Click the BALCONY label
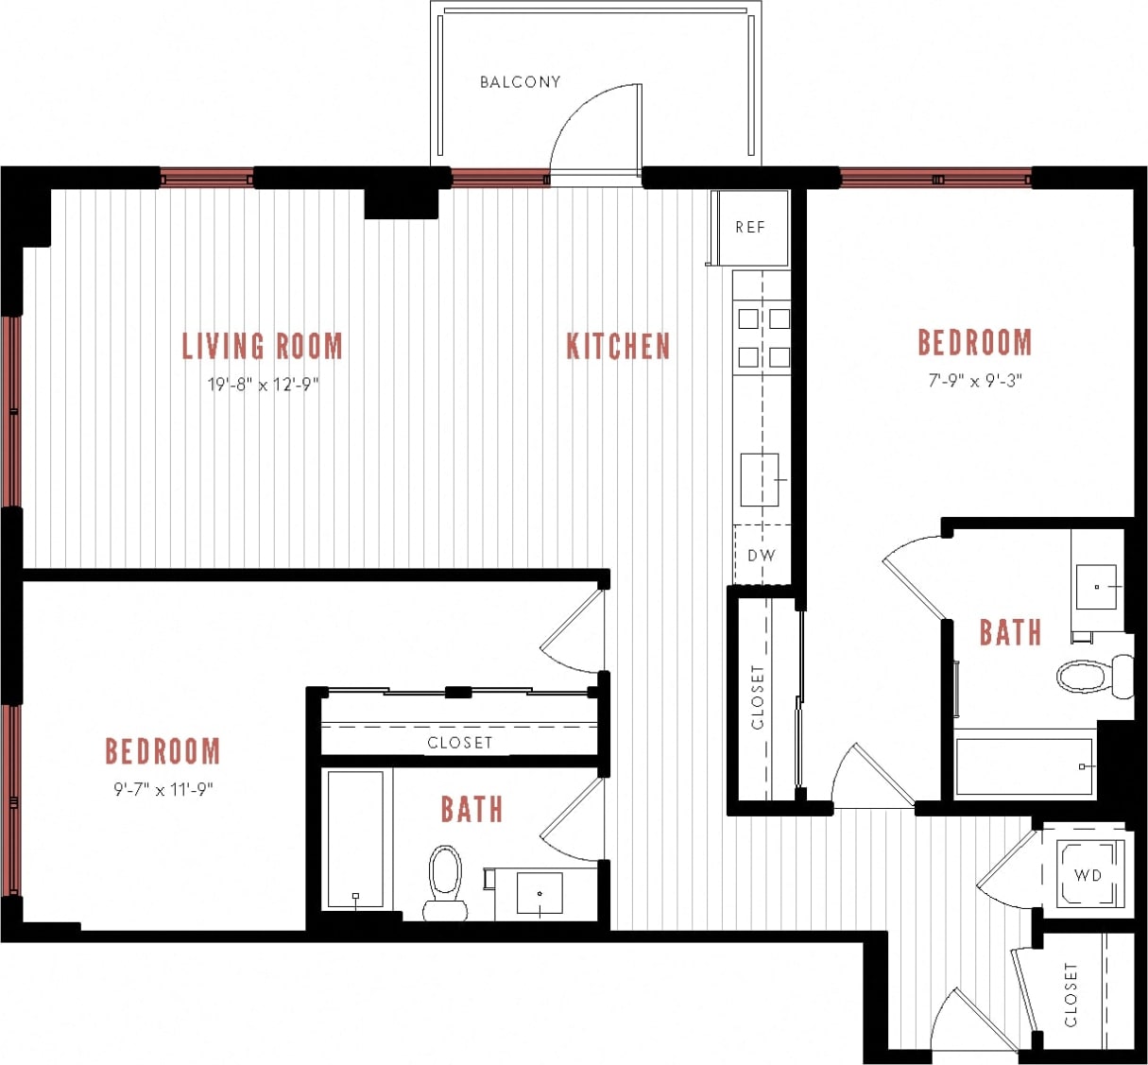click(x=520, y=82)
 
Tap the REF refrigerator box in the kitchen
click(x=750, y=228)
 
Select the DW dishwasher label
click(x=761, y=556)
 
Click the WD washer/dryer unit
click(x=1088, y=875)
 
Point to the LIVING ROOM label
click(x=262, y=346)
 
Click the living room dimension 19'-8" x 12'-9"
click(x=263, y=385)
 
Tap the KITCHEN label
click(x=618, y=346)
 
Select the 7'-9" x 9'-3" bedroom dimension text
click(x=975, y=381)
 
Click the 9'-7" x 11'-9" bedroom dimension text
click(x=163, y=789)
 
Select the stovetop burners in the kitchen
click(x=763, y=337)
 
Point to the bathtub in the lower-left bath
click(x=355, y=839)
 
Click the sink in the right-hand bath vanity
click(x=1097, y=587)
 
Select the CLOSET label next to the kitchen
click(x=758, y=697)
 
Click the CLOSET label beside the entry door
click(x=1071, y=994)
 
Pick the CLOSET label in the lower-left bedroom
click(x=459, y=743)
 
